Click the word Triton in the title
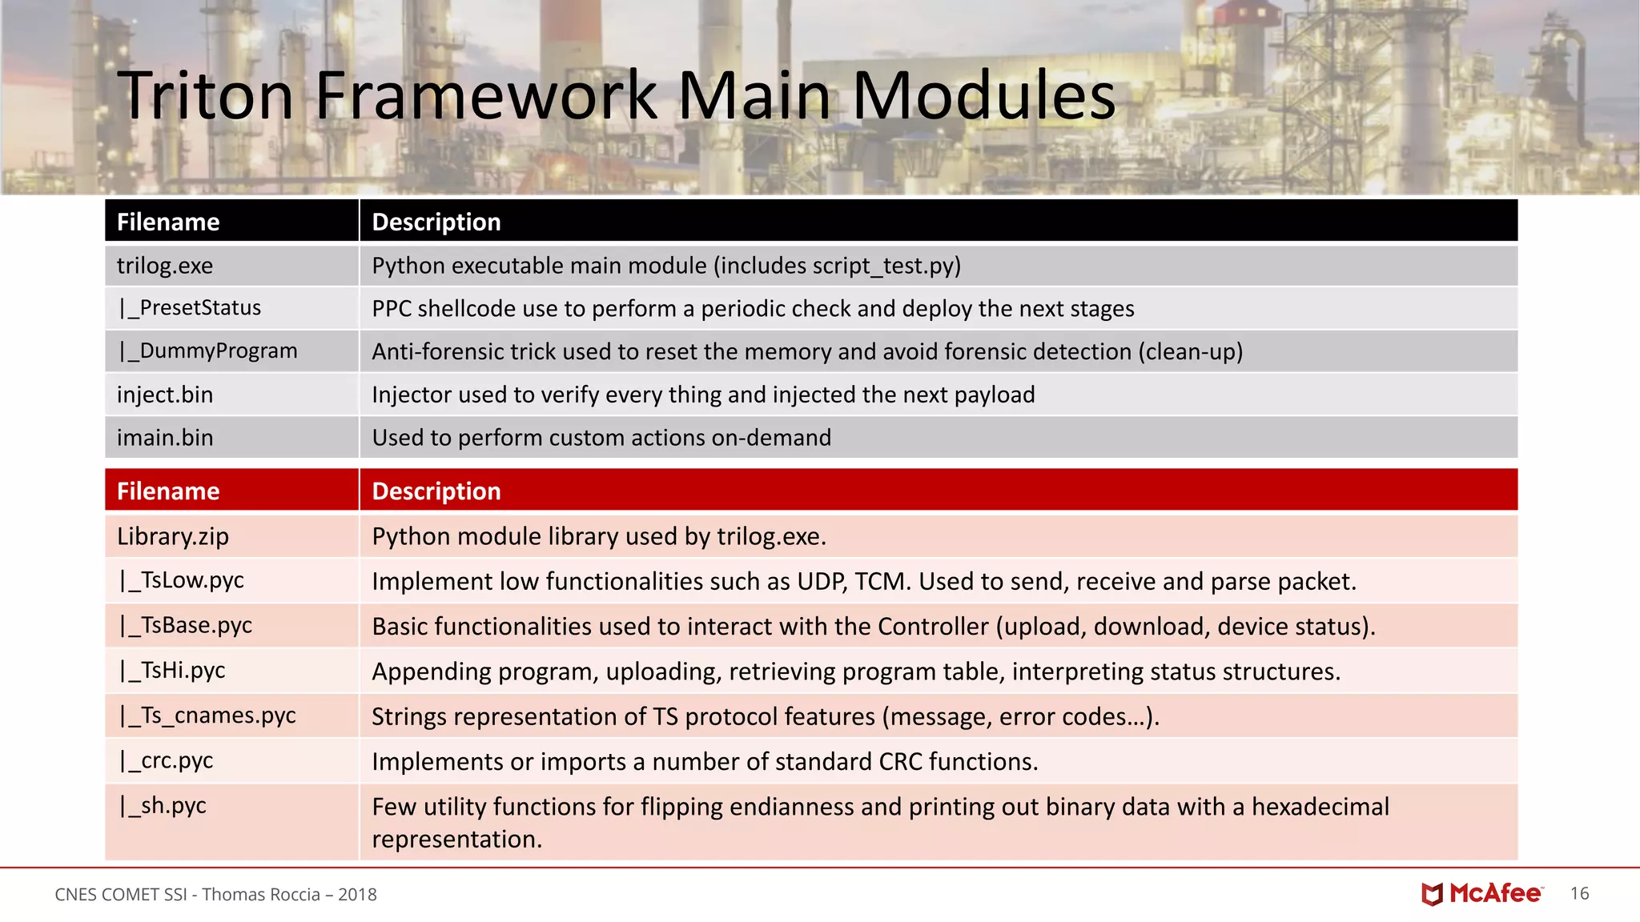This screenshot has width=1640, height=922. pyautogui.click(x=206, y=96)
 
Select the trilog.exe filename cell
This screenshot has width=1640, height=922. pyautogui.click(x=165, y=266)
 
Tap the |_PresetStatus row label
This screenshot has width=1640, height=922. pyautogui.click(x=190, y=308)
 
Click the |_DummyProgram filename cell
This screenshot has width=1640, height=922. pyautogui.click(x=207, y=351)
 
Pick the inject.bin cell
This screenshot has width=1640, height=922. pyautogui.click(x=165, y=395)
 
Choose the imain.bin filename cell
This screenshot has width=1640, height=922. pyautogui.click(x=165, y=438)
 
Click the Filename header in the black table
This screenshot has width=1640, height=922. pyautogui.click(x=168, y=222)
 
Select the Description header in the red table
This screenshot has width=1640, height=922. pyautogui.click(x=436, y=491)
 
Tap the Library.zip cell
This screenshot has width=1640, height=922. pyautogui.click(x=173, y=536)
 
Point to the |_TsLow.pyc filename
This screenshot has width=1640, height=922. pyautogui.click(x=181, y=580)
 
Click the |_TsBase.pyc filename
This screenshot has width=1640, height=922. pyautogui.click(x=185, y=625)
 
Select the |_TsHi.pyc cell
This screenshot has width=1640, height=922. pyautogui.click(x=172, y=670)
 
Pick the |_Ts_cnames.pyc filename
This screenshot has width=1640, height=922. pyautogui.click(x=207, y=716)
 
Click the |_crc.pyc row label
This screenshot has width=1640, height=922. pyautogui.click(x=166, y=760)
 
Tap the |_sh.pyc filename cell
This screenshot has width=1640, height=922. pyautogui.click(x=163, y=805)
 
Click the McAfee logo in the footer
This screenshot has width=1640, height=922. pyautogui.click(x=1482, y=894)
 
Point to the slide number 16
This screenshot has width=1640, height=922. pyautogui.click(x=1579, y=894)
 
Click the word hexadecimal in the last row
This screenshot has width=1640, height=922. pyautogui.click(x=1320, y=807)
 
